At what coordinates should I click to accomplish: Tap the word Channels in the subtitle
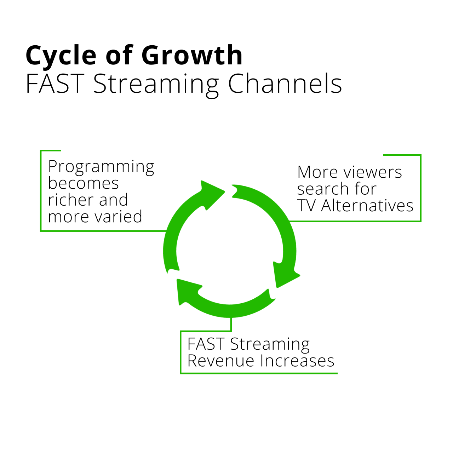(285, 84)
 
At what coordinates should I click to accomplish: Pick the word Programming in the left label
(101, 167)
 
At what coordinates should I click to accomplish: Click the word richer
(70, 200)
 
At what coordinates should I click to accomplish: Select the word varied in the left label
(120, 217)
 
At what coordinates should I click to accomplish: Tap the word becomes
(84, 183)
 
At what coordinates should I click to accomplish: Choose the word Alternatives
(367, 206)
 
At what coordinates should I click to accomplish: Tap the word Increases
(297, 361)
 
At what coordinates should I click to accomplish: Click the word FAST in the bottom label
(206, 344)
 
